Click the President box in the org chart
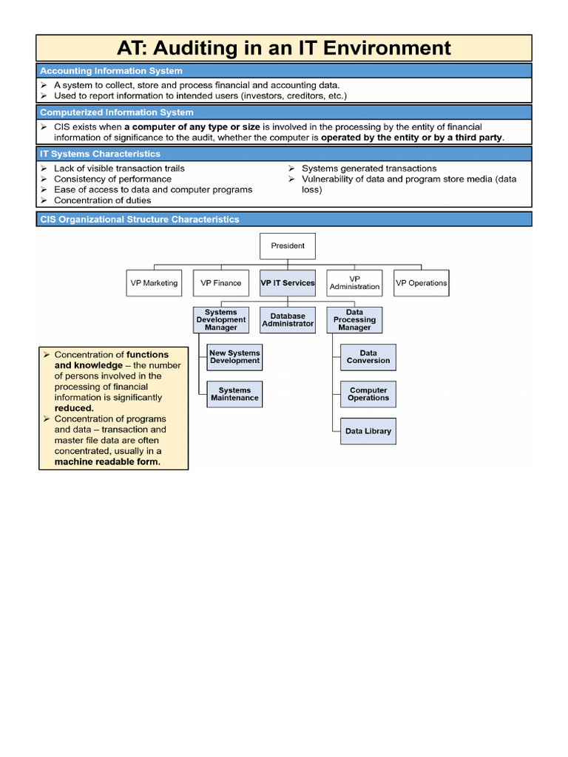[x=288, y=246]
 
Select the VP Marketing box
[x=154, y=283]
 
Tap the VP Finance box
[x=220, y=283]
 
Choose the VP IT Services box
[x=288, y=283]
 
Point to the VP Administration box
[x=354, y=283]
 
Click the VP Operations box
[x=421, y=283]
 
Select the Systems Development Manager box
[x=220, y=320]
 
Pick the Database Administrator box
[x=288, y=320]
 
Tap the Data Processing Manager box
[x=354, y=320]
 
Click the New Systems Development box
[x=234, y=357]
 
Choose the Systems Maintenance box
[x=234, y=394]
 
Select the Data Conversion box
[x=368, y=357]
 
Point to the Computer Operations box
[x=368, y=394]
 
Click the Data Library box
[x=368, y=431]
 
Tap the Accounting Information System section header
[x=111, y=71]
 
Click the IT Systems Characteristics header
[x=100, y=154]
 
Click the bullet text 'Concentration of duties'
[x=102, y=200]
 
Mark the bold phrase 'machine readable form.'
[x=107, y=462]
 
